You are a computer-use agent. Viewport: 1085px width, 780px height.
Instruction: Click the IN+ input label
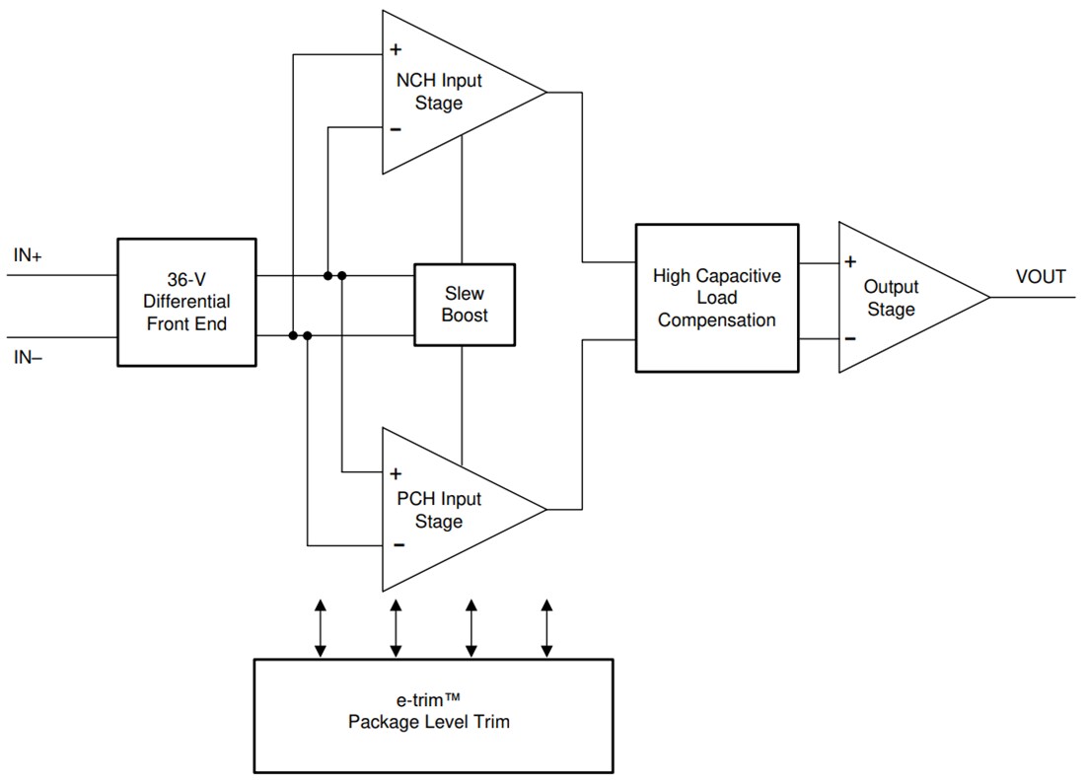tap(28, 255)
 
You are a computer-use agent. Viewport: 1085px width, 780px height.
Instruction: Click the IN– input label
tap(28, 357)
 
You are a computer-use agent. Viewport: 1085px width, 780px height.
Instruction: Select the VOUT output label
tap(1041, 277)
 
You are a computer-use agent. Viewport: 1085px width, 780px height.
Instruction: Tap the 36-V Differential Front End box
tap(186, 302)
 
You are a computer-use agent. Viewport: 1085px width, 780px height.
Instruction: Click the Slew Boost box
tap(464, 305)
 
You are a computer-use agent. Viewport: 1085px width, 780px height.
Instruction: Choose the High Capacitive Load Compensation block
tap(716, 298)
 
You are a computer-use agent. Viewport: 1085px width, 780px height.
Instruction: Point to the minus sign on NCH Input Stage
tap(396, 129)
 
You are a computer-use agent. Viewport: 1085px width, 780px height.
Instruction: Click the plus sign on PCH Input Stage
tap(396, 472)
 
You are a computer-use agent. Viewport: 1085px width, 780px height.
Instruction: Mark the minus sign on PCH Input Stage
tap(397, 544)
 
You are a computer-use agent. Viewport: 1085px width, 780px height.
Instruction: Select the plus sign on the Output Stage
tap(849, 262)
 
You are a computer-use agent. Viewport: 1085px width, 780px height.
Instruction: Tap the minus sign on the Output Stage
tap(849, 339)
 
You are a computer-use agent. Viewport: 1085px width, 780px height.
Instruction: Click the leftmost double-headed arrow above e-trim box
tap(320, 627)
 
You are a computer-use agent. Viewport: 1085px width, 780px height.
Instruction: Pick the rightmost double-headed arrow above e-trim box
tap(547, 627)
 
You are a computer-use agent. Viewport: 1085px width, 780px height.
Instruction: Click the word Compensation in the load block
tap(716, 319)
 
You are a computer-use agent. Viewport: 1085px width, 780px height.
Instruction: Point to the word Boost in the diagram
tap(464, 316)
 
